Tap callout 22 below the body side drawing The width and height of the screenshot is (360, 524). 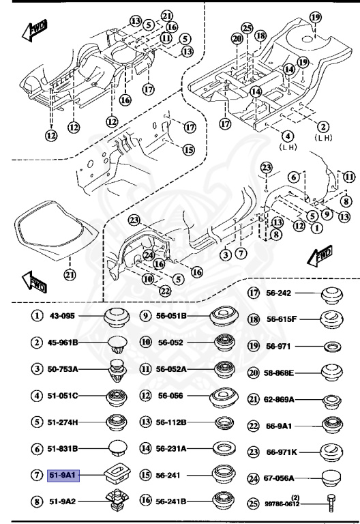pos(165,291)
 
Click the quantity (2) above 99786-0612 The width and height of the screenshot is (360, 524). pos(295,497)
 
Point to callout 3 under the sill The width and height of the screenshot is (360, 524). pos(224,254)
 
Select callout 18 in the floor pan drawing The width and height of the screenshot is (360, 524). pos(260,35)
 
